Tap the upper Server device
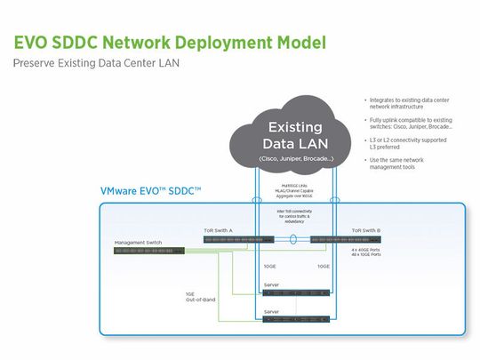[296, 292]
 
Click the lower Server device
[296, 319]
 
